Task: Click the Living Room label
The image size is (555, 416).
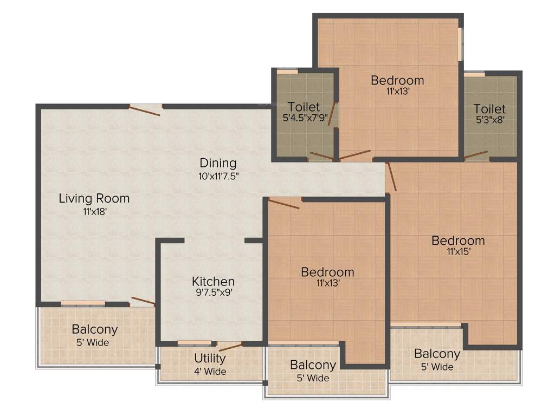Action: pyautogui.click(x=94, y=198)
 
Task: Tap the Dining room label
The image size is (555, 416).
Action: pyautogui.click(x=218, y=162)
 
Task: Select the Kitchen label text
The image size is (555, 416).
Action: pyautogui.click(x=213, y=282)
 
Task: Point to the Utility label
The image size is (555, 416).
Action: pyautogui.click(x=210, y=359)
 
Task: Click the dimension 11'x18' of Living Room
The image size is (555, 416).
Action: pyautogui.click(x=94, y=212)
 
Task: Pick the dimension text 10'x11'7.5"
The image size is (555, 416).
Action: pyautogui.click(x=218, y=175)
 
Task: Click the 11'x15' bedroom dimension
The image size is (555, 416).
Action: pyautogui.click(x=458, y=251)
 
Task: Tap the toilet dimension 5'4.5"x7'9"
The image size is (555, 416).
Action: pyautogui.click(x=304, y=117)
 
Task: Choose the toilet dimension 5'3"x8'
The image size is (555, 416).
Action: pyautogui.click(x=489, y=120)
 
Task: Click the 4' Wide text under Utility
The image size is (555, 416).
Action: pyautogui.click(x=210, y=372)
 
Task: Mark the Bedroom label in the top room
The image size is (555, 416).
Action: pyautogui.click(x=397, y=80)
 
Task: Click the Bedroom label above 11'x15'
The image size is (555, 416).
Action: pyautogui.click(x=458, y=240)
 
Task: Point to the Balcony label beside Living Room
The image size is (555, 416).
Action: pyautogui.click(x=95, y=329)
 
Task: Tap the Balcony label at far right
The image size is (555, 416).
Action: pyautogui.click(x=437, y=354)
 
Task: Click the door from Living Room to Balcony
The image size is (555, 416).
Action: pyautogui.click(x=144, y=302)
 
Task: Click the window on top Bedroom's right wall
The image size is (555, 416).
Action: pyautogui.click(x=461, y=44)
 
